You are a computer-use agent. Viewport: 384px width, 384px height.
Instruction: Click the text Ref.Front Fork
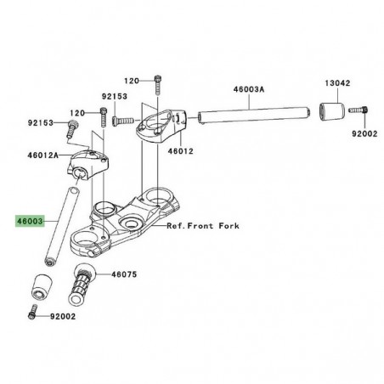(203, 227)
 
